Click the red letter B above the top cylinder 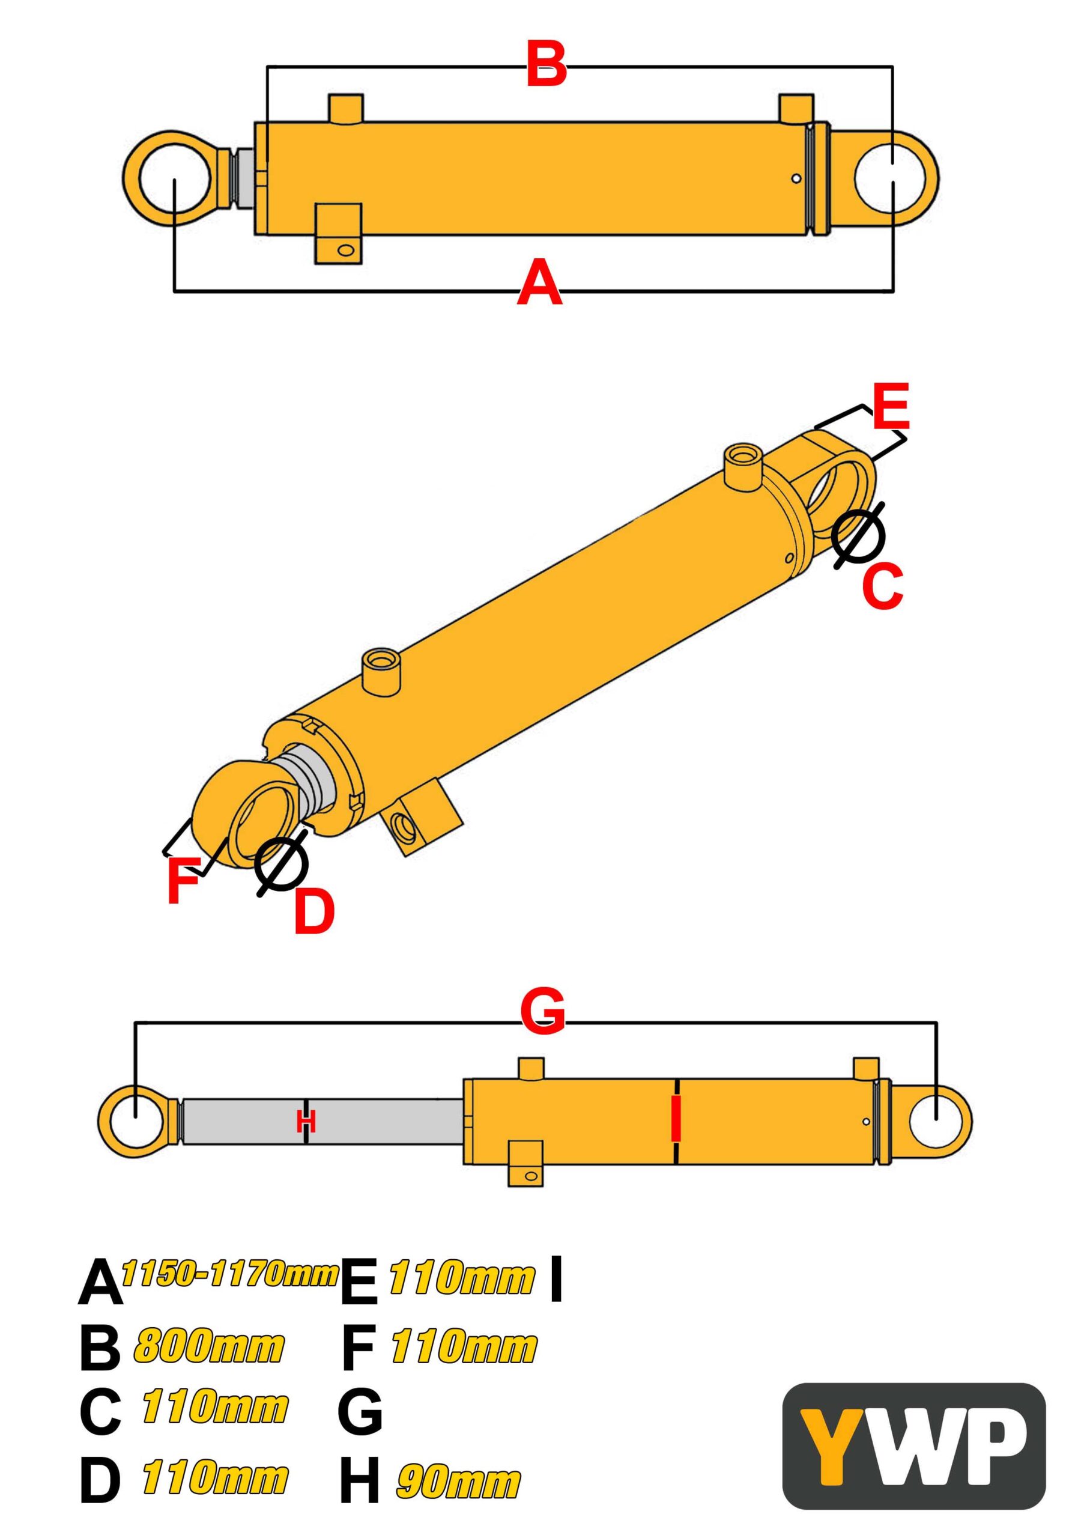tap(547, 64)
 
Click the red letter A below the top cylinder tap(540, 284)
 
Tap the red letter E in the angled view tap(891, 406)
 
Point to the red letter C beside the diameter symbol tap(882, 586)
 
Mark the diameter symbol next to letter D tap(281, 863)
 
